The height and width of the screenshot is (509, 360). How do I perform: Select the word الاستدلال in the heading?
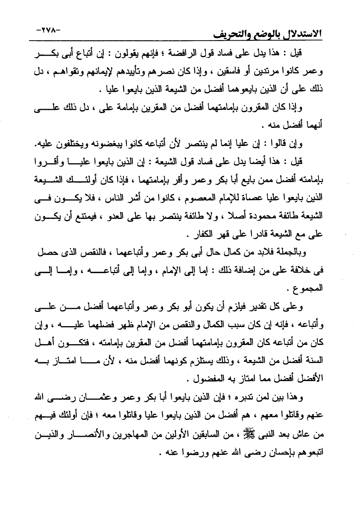[x=299, y=35]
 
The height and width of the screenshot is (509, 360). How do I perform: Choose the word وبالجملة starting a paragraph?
[x=289, y=253]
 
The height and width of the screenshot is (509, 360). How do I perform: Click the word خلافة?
[x=296, y=270]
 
